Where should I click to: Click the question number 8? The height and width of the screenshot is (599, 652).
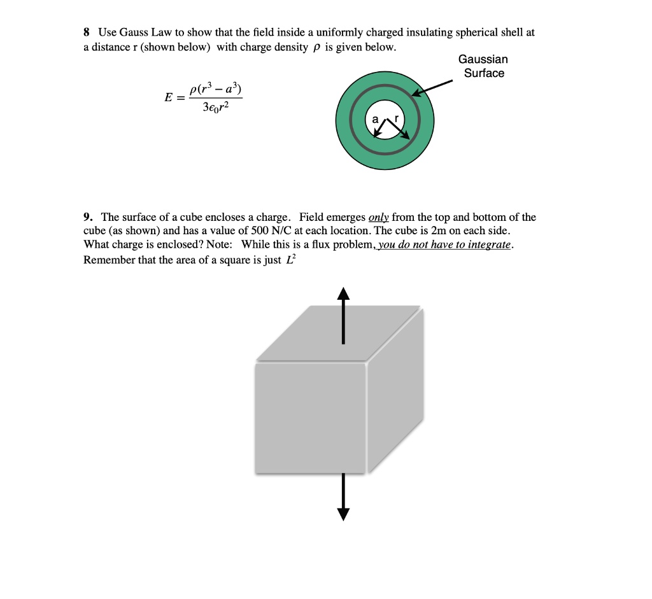coord(87,32)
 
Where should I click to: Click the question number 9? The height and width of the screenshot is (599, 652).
coord(87,217)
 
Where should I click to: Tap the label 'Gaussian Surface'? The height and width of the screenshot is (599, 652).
coord(483,66)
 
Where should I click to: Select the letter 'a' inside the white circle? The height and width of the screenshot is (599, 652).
coord(375,119)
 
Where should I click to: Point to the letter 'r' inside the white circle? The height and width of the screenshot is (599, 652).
coord(398,119)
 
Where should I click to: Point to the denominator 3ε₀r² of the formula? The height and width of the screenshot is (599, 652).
coord(215,108)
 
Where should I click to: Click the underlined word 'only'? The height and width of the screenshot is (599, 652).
coord(379,217)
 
